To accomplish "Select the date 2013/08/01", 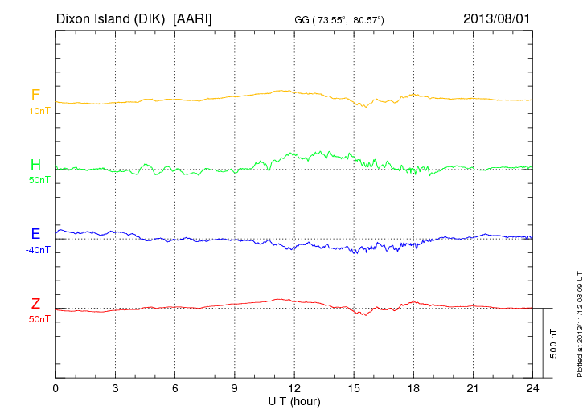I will (496, 18).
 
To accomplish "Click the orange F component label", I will (35, 96).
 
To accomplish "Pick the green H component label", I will (35, 165).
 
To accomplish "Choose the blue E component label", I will (35, 234).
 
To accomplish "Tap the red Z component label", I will (35, 303).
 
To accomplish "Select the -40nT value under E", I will (38, 250).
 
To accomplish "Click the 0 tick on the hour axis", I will (55, 388).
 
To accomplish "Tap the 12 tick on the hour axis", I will (294, 388).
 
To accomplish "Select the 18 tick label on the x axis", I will (413, 388).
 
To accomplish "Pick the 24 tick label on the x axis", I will (532, 388).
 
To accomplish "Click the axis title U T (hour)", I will (294, 400).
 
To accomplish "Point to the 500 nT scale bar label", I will (554, 343).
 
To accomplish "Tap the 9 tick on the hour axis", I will (235, 388).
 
